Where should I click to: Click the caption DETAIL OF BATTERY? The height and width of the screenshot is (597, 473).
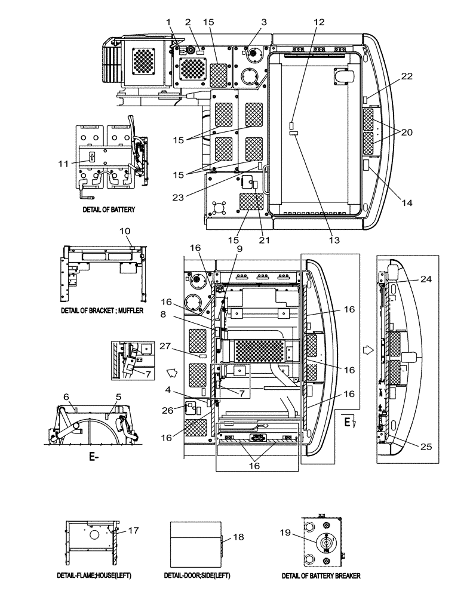(108, 210)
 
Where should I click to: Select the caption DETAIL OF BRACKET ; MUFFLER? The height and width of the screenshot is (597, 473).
(102, 311)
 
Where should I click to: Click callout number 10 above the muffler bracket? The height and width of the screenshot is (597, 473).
(125, 230)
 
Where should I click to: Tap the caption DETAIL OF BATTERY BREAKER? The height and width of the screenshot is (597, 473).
(322, 576)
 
